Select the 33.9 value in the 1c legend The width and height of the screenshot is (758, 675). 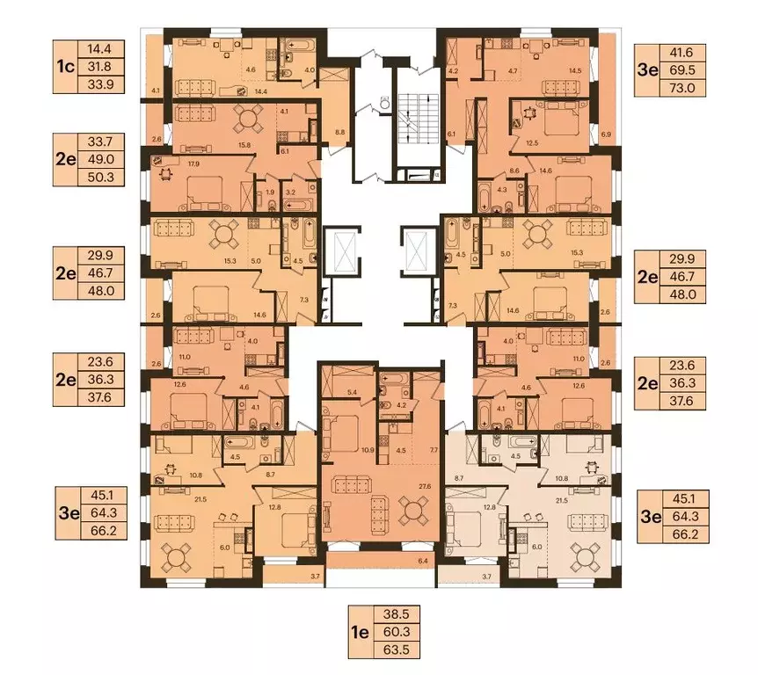101,84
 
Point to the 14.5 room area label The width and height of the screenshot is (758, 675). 575,70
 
